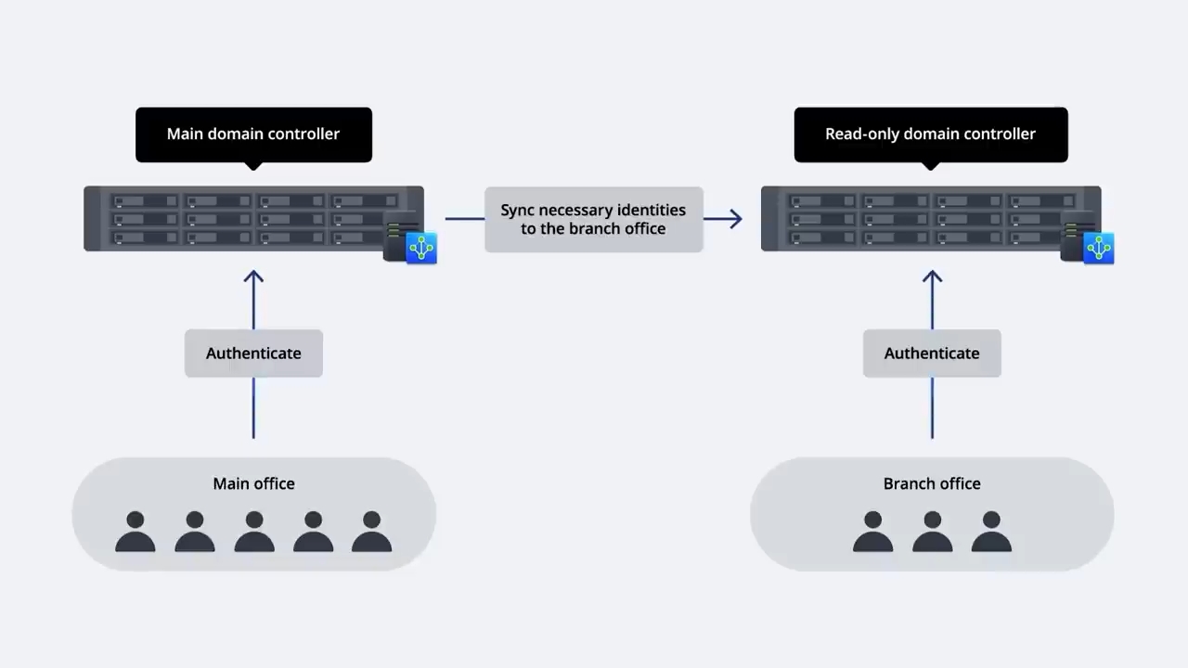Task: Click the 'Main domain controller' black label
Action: pyautogui.click(x=253, y=135)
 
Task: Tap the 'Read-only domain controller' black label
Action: pyautogui.click(x=931, y=135)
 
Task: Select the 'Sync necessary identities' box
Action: pyautogui.click(x=594, y=219)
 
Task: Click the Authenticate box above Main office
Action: pyautogui.click(x=253, y=353)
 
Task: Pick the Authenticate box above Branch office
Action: pyautogui.click(x=932, y=353)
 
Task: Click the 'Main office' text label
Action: pyautogui.click(x=253, y=483)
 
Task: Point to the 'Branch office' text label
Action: pyautogui.click(x=932, y=483)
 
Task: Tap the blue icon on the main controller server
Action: pyautogui.click(x=421, y=248)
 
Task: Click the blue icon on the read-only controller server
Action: pyautogui.click(x=1098, y=248)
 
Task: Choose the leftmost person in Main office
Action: pyautogui.click(x=136, y=532)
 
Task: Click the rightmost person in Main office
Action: pyautogui.click(x=372, y=532)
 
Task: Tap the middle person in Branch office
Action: pyautogui.click(x=932, y=532)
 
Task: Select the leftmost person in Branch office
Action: pyautogui.click(x=873, y=532)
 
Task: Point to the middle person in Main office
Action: pyautogui.click(x=254, y=532)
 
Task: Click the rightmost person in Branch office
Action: pyautogui.click(x=991, y=532)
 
